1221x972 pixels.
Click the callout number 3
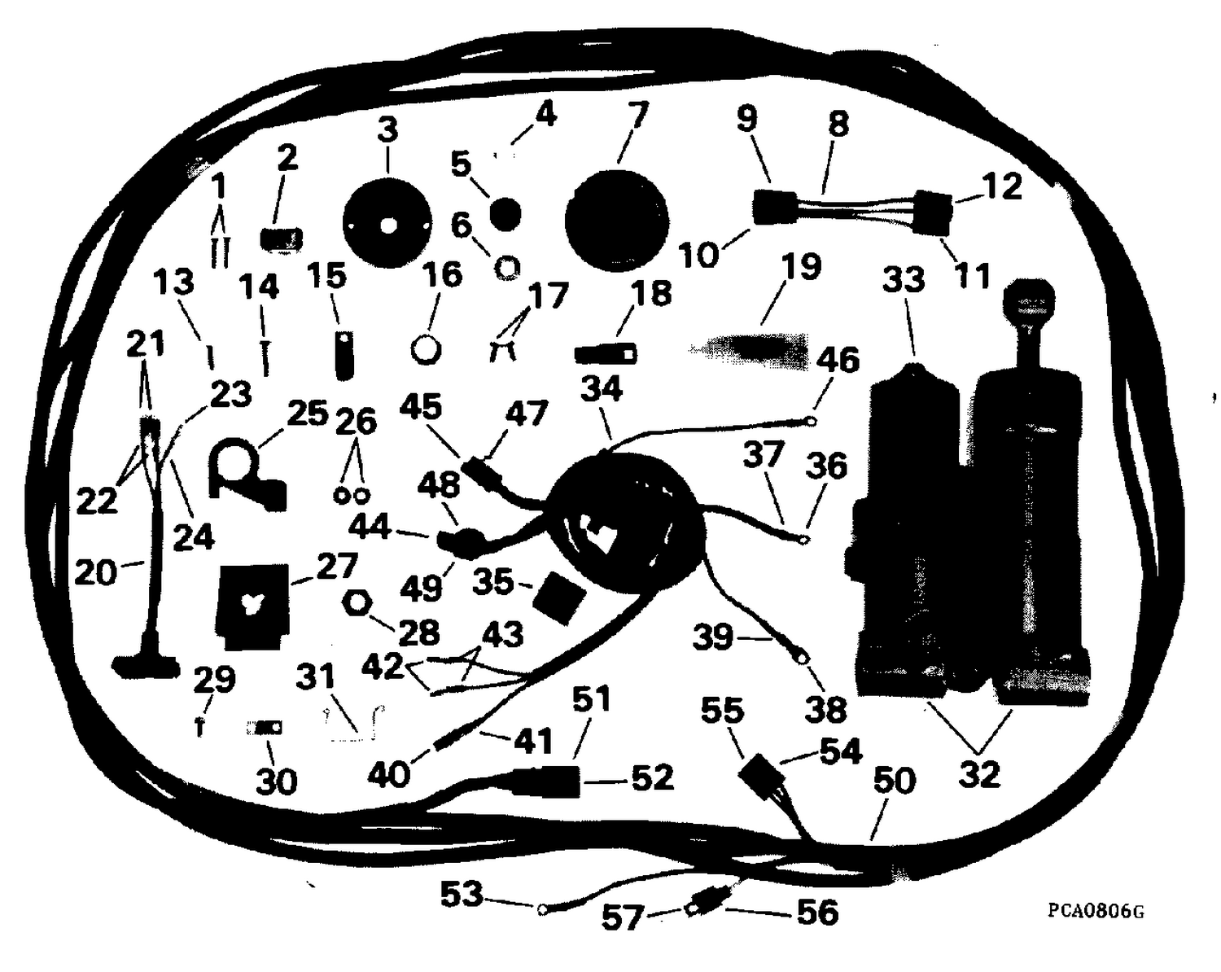coord(388,130)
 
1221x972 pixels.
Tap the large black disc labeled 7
coord(617,219)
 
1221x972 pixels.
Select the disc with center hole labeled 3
coord(387,221)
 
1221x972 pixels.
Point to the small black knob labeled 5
coord(505,214)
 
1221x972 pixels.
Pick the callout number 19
coord(801,265)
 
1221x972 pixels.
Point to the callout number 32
coord(980,774)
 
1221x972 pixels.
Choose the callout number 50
coord(895,782)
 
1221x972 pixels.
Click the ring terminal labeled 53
coord(542,909)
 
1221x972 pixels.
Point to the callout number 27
coord(337,566)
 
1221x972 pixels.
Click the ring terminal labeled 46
coord(811,422)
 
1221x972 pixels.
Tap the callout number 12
coord(1003,186)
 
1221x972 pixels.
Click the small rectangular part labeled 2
coord(282,239)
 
